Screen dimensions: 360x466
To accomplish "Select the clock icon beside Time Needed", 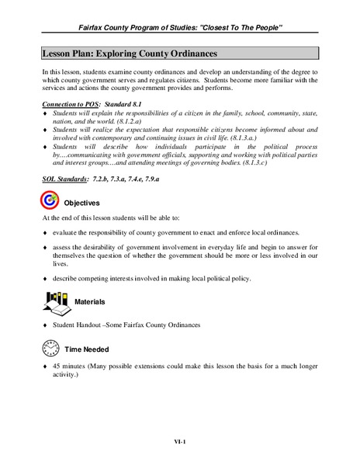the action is coord(49,347).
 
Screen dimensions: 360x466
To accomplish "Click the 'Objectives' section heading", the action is coord(81,203).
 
